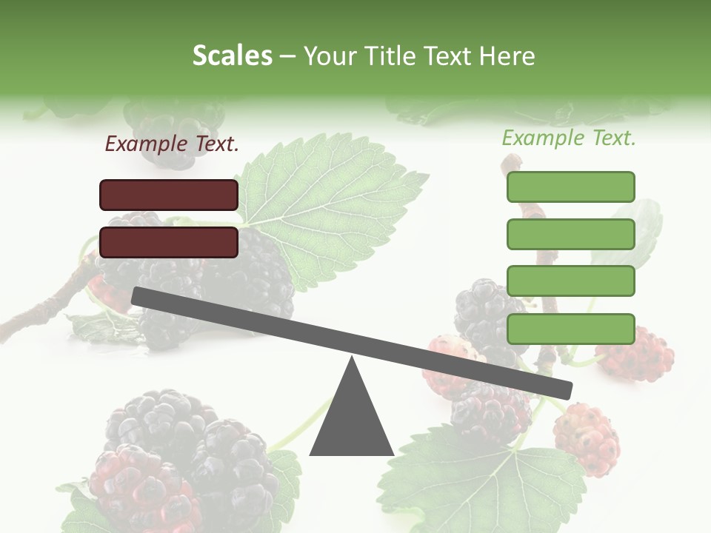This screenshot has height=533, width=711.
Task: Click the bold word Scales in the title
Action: (x=232, y=56)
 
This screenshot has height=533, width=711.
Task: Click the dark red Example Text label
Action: (x=172, y=144)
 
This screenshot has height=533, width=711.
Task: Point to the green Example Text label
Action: (x=569, y=138)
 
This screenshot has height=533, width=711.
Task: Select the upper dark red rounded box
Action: (x=169, y=195)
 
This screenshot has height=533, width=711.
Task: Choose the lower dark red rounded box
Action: (x=169, y=242)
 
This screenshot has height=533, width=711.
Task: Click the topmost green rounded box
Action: (x=570, y=187)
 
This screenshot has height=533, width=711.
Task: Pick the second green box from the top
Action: (x=570, y=234)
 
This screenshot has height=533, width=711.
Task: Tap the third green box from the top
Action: (x=570, y=281)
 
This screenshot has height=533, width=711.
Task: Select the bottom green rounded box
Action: (x=570, y=329)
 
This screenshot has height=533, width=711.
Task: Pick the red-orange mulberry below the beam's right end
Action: (x=586, y=438)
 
